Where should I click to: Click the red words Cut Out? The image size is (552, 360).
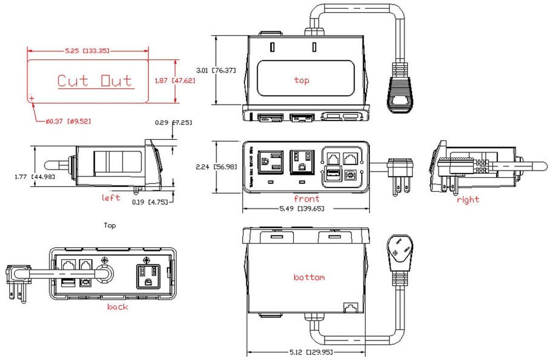point(94,81)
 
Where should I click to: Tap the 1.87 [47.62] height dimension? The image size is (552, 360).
point(175,80)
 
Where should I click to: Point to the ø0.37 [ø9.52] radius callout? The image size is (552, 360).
point(68,122)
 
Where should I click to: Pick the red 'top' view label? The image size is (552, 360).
point(301,80)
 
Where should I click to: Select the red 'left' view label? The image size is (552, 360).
point(111,198)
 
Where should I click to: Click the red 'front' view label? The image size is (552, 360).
point(306,199)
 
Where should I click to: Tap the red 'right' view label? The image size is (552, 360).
point(468,199)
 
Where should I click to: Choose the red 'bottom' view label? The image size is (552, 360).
point(309,277)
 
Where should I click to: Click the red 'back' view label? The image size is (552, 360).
point(118,307)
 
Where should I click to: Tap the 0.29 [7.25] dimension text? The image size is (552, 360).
point(173,123)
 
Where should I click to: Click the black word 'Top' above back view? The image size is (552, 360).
point(110,226)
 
